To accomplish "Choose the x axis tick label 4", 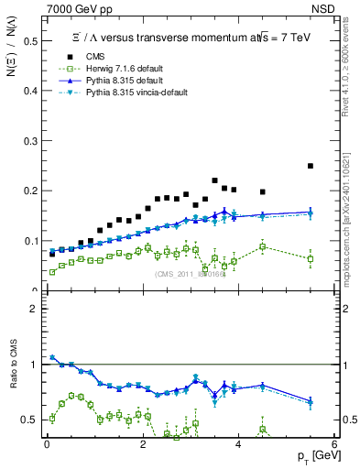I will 238,445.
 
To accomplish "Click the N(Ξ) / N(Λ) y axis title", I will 12,53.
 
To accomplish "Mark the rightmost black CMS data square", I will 311,166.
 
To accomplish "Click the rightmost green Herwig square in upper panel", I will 311,259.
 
